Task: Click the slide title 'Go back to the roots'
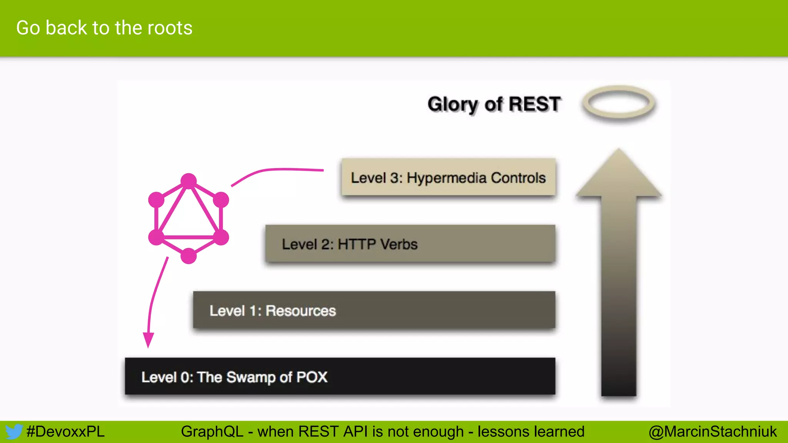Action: pos(104,28)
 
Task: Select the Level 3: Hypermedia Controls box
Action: pos(448,178)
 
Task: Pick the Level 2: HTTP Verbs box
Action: pos(410,244)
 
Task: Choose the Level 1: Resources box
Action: pos(374,310)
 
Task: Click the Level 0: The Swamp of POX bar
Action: pos(340,376)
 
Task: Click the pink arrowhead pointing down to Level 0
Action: pos(148,340)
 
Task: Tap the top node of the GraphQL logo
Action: pos(189,181)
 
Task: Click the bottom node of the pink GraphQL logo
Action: pos(189,256)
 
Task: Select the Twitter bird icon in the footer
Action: pos(13,432)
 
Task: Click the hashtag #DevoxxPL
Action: pos(65,431)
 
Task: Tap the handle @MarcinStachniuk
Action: pos(713,431)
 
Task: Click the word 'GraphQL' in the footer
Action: pos(212,431)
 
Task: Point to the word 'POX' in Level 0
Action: pos(312,377)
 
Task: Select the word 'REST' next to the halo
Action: pos(535,104)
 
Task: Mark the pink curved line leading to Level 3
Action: pos(277,170)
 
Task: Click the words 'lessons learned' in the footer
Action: pos(531,431)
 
